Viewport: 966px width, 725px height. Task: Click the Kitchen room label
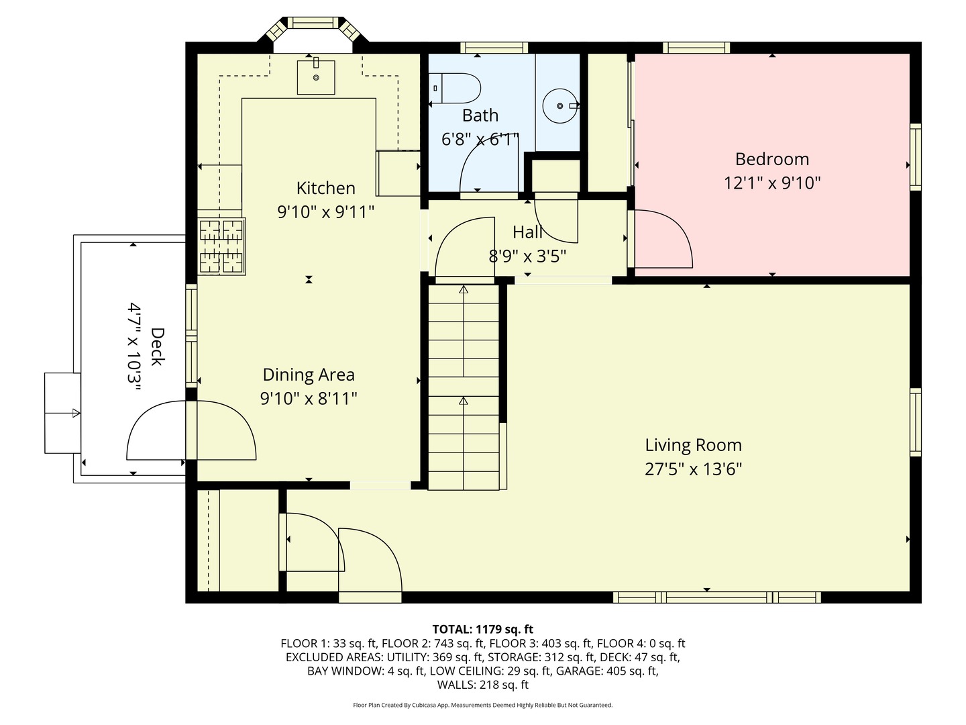point(325,188)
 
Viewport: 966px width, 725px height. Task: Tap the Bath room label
point(480,115)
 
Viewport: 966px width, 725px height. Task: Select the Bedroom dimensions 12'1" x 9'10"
point(772,183)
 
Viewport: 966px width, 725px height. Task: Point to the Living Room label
point(693,445)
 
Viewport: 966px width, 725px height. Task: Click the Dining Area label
point(309,375)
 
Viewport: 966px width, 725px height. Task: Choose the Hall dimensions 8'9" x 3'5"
point(527,256)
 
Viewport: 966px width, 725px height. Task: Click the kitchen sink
point(315,77)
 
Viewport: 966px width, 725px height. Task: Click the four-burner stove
point(221,246)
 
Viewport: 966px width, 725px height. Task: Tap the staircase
point(464,386)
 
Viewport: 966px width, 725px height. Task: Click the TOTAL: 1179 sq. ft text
point(482,629)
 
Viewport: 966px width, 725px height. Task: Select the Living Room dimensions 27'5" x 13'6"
point(693,469)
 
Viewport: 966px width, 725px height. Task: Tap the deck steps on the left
point(62,413)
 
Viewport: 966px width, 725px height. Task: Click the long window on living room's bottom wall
point(716,597)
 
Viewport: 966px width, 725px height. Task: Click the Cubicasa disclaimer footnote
point(482,705)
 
